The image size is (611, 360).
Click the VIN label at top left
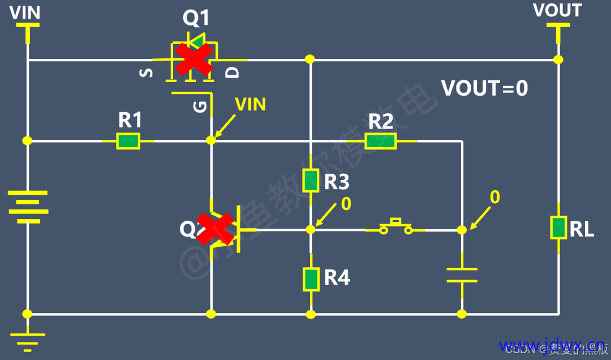pos(25,12)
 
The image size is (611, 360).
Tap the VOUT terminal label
pos(557,11)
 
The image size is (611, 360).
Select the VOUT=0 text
pos(484,88)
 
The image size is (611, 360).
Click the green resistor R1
pos(128,140)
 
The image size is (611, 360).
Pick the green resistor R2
pos(380,140)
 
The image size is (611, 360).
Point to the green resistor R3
pos(311,180)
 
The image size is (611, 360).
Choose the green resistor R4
pos(311,278)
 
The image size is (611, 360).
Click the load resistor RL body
pos(558,228)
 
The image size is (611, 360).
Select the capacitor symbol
pos(462,274)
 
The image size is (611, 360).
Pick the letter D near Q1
pos(233,72)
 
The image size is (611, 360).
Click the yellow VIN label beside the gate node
pos(250,104)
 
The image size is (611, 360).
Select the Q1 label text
pos(196,18)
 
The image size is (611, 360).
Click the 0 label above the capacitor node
pos(494,197)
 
